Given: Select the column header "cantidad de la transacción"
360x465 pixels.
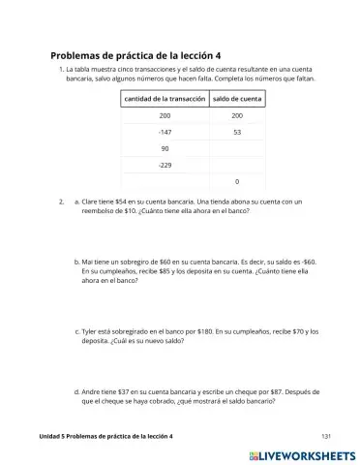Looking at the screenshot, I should [x=164, y=99].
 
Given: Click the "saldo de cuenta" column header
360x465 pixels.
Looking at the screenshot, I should [x=237, y=99].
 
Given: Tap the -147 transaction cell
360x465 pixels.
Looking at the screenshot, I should [x=164, y=132].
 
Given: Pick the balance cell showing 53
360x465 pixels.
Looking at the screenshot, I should [x=237, y=132].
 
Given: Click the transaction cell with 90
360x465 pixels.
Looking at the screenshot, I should [x=164, y=148].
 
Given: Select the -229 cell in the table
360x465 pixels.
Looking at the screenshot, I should [x=164, y=165].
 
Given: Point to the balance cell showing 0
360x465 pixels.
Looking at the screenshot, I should [x=237, y=181].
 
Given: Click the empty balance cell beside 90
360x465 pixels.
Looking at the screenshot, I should [x=237, y=148].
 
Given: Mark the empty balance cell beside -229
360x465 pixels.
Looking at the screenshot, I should [x=237, y=165].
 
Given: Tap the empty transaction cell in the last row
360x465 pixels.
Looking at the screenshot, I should [x=164, y=181].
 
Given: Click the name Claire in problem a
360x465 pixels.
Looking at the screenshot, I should [x=93, y=201].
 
